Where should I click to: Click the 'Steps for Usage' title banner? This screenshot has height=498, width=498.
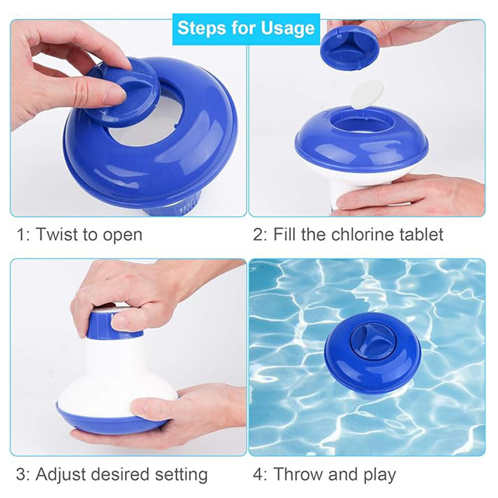246,28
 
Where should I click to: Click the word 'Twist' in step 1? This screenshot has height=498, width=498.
56,235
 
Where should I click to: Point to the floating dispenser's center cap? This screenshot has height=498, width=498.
373,342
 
